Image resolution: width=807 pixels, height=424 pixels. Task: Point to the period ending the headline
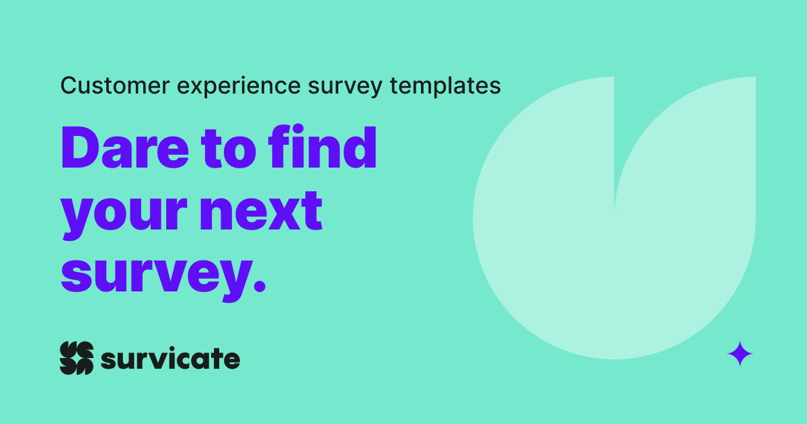pos(258,286)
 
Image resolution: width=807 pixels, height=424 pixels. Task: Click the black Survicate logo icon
pos(76,358)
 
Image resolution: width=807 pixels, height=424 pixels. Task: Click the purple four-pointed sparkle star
pos(740,353)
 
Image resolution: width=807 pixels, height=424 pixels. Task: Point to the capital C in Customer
pos(67,85)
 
